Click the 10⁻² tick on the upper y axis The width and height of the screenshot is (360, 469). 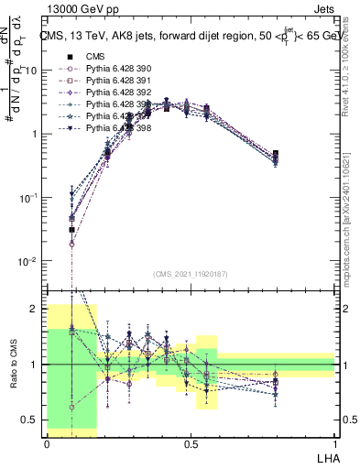click(x=31, y=261)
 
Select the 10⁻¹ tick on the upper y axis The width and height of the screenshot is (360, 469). click(x=31, y=198)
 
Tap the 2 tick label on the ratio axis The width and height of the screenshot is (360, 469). click(x=38, y=309)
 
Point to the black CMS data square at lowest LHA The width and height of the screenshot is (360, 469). click(x=71, y=230)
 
